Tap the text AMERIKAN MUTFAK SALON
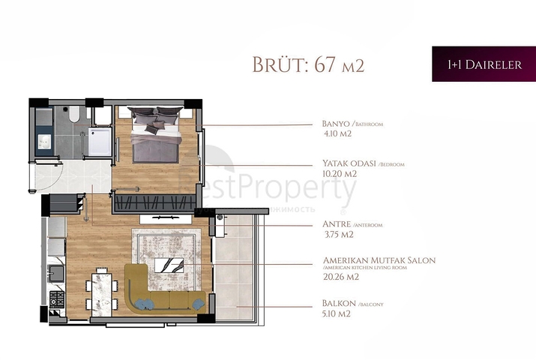click(x=378, y=260)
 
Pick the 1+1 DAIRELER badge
click(x=484, y=64)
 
